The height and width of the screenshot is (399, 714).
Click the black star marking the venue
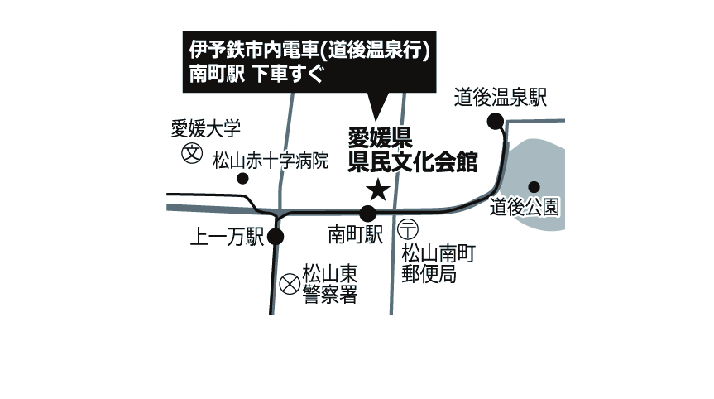(x=378, y=190)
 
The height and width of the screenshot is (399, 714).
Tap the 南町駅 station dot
(x=368, y=214)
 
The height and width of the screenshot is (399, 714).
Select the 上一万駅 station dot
(x=276, y=237)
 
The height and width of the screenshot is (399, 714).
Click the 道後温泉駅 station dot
(x=496, y=122)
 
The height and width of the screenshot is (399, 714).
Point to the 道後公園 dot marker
(x=534, y=187)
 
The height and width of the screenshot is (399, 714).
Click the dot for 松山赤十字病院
(x=242, y=179)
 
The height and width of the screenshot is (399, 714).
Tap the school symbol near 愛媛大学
(x=192, y=153)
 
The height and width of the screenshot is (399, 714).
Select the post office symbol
(x=408, y=229)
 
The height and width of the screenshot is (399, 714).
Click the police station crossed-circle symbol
(x=290, y=285)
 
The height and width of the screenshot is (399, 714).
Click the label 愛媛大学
(x=206, y=129)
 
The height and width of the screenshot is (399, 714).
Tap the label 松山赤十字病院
(x=271, y=161)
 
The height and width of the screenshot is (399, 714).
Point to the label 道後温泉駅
(x=501, y=98)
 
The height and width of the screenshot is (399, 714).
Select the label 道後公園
(x=525, y=208)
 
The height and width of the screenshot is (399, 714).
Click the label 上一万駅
(x=227, y=237)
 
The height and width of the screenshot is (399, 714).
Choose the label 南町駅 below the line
(x=356, y=235)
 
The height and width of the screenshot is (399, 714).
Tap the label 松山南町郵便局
(x=438, y=264)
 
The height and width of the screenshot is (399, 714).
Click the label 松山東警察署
(x=330, y=284)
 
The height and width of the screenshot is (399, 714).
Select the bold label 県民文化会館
(x=413, y=162)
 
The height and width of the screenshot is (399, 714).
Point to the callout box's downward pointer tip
(x=376, y=120)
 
